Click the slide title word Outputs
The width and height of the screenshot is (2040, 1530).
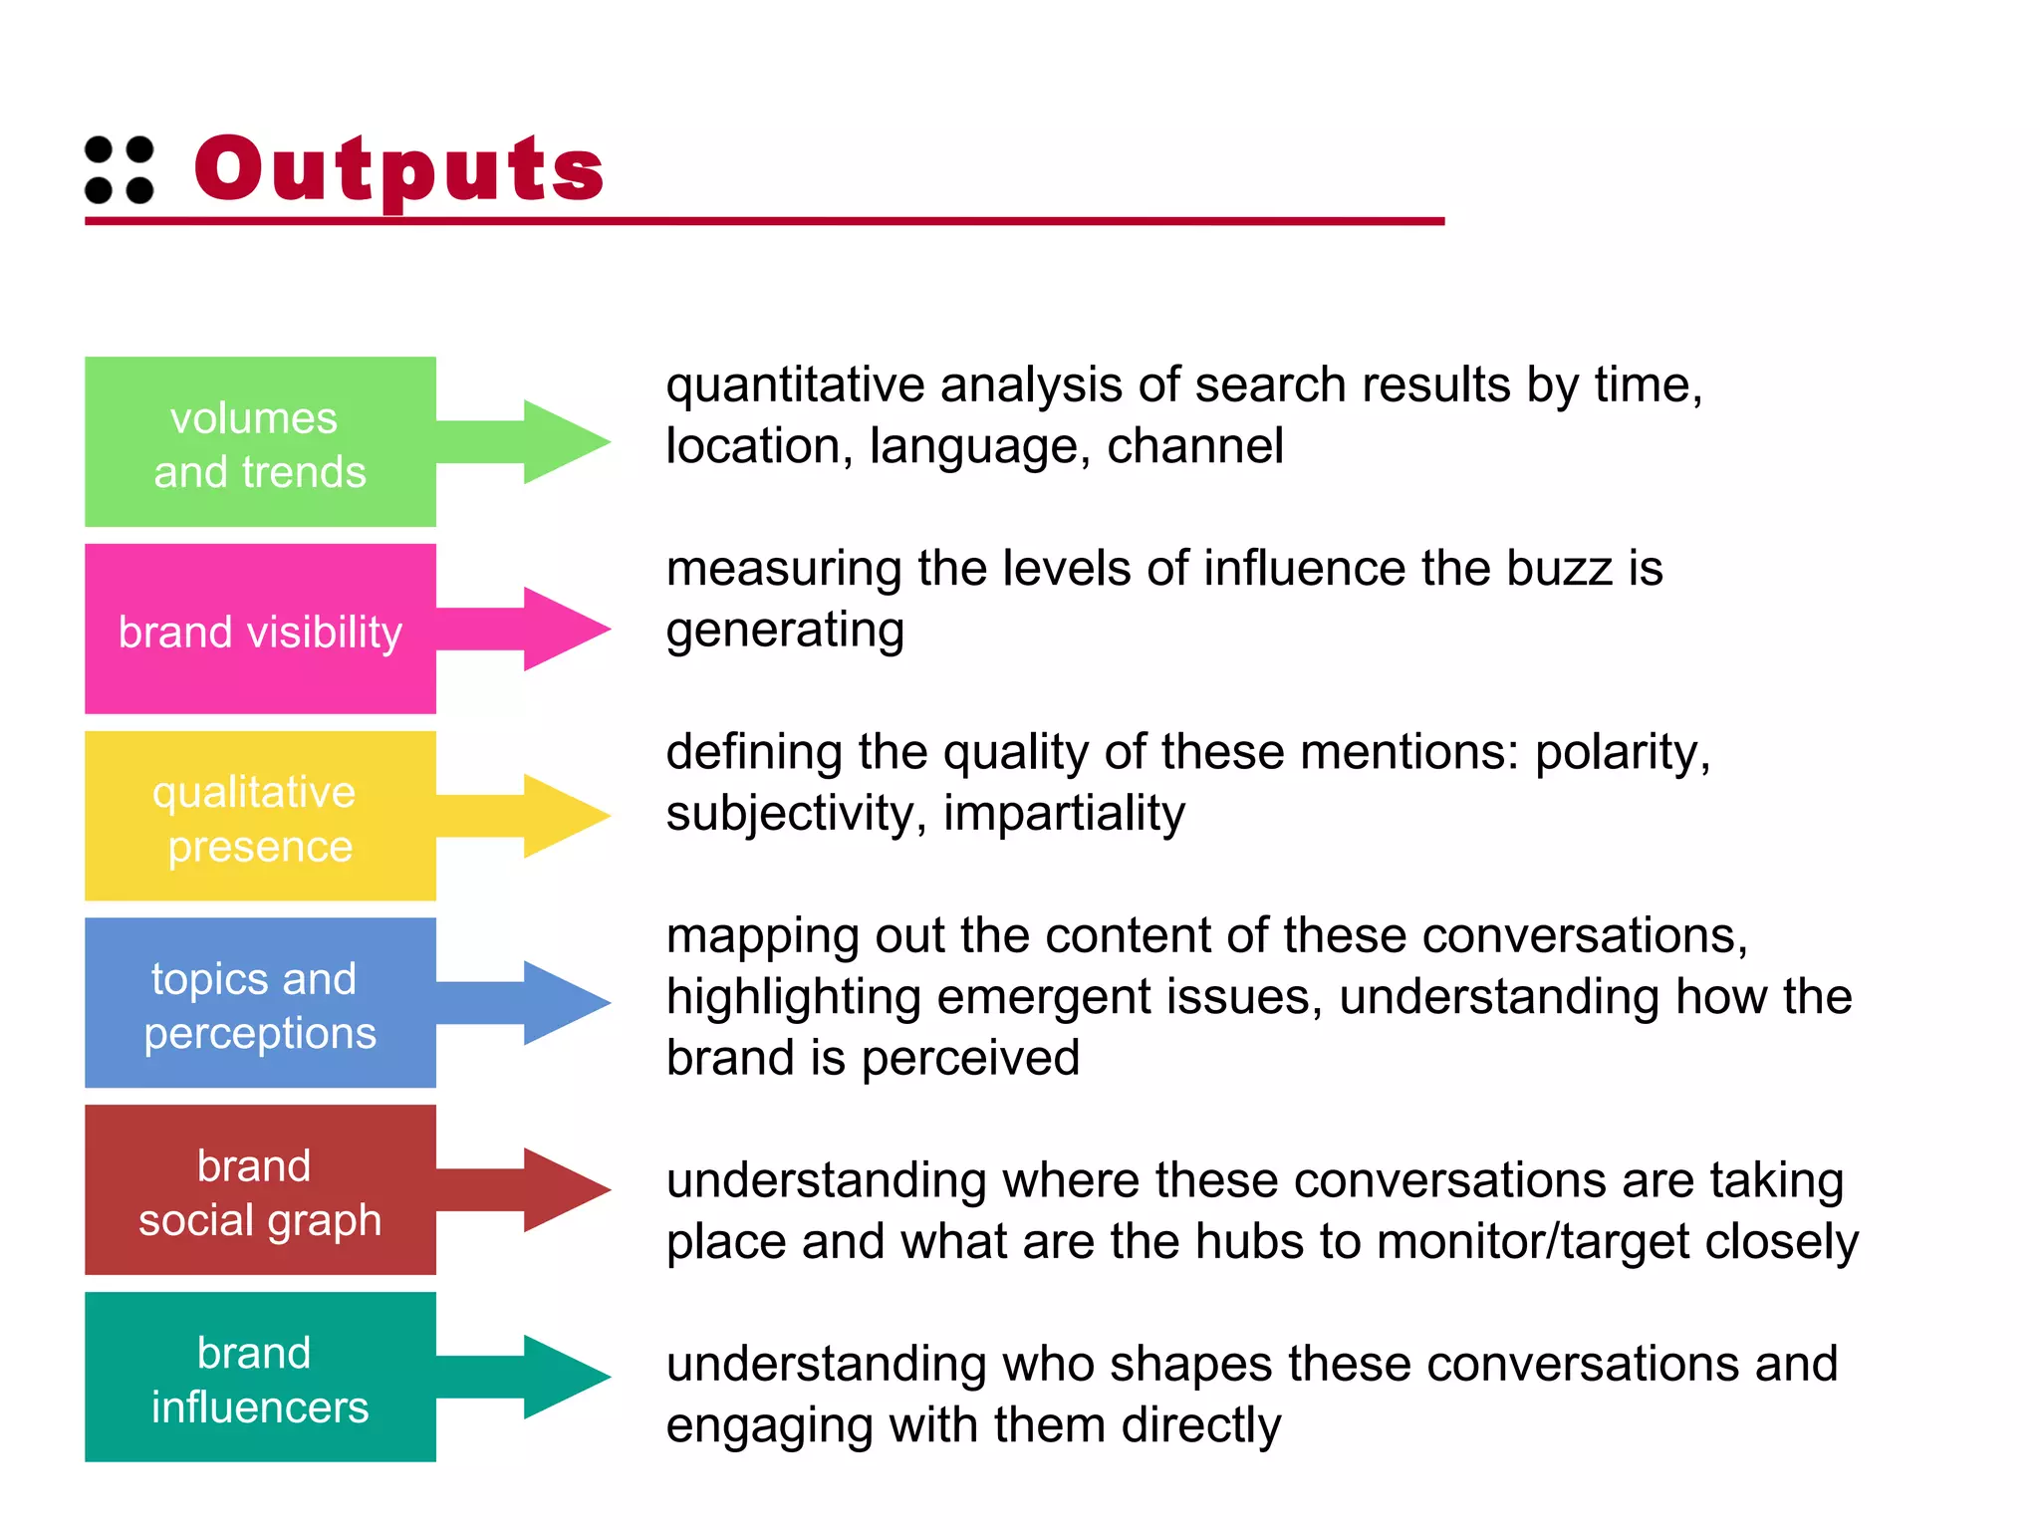coord(398,169)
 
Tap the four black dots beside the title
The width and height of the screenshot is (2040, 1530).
coord(120,170)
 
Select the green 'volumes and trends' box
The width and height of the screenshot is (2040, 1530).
coord(260,441)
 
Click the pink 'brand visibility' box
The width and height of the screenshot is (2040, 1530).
coord(260,629)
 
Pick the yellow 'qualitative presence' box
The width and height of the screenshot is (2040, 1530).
coord(260,816)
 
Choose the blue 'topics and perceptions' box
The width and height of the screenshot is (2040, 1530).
coord(260,1002)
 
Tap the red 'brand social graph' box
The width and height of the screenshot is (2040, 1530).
coord(260,1189)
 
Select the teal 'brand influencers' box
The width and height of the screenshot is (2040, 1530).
coord(260,1377)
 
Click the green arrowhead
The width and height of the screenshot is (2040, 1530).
coord(563,441)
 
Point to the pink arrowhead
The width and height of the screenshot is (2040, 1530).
coord(563,629)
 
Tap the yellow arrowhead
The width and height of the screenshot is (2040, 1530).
coord(563,816)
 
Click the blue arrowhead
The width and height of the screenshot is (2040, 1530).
coord(563,1002)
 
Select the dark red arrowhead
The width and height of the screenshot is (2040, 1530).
coord(563,1189)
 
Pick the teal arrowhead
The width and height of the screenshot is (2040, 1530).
coord(563,1377)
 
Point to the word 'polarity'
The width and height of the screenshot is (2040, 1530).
coord(1622,753)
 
